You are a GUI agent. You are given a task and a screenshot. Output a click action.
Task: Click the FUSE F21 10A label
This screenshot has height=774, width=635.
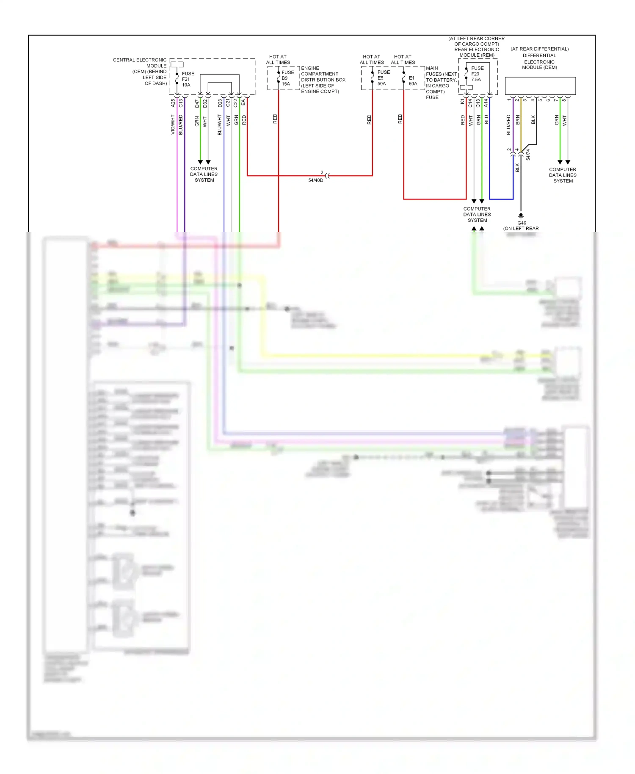(x=188, y=79)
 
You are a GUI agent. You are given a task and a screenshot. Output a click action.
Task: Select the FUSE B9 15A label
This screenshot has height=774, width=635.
(x=287, y=78)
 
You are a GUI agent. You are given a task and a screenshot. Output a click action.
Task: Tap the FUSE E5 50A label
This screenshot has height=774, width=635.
(x=383, y=78)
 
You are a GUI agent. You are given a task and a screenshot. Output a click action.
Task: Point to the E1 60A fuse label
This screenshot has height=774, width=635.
(x=412, y=81)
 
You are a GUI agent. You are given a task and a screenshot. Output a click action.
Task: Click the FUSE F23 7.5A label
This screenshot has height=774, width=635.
(x=477, y=74)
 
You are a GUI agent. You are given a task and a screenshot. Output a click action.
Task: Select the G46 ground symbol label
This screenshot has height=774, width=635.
(x=522, y=223)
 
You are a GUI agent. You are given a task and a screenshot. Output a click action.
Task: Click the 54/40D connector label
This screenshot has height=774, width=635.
(x=315, y=180)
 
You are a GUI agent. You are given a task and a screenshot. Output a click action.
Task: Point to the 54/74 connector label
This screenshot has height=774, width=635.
(x=528, y=155)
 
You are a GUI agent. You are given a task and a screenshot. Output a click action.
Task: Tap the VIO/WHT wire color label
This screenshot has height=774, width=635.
(x=173, y=124)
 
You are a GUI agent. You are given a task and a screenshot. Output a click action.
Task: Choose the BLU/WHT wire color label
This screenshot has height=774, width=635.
(x=220, y=125)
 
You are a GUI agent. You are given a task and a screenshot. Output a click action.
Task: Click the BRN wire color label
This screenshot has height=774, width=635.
(x=517, y=120)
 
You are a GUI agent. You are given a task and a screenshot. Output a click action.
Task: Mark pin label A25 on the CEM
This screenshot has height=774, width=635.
(x=173, y=103)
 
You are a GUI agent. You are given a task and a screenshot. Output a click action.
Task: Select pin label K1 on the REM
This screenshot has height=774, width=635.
(x=462, y=102)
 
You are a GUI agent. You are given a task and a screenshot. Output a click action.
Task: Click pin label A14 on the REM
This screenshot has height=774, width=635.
(x=486, y=103)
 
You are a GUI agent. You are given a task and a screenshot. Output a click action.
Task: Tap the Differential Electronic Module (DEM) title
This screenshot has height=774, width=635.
(x=539, y=58)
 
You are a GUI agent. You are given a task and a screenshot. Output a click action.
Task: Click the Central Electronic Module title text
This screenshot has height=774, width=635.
(x=141, y=72)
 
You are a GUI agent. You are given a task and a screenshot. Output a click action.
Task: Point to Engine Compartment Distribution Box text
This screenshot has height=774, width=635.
(x=323, y=80)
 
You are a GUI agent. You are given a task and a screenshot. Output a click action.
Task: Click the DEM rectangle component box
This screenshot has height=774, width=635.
(x=540, y=86)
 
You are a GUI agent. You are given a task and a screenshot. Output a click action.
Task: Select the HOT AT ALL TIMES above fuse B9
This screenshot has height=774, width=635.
(x=278, y=59)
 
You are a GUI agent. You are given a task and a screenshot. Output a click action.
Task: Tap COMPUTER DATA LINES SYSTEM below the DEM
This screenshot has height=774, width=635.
(x=563, y=175)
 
